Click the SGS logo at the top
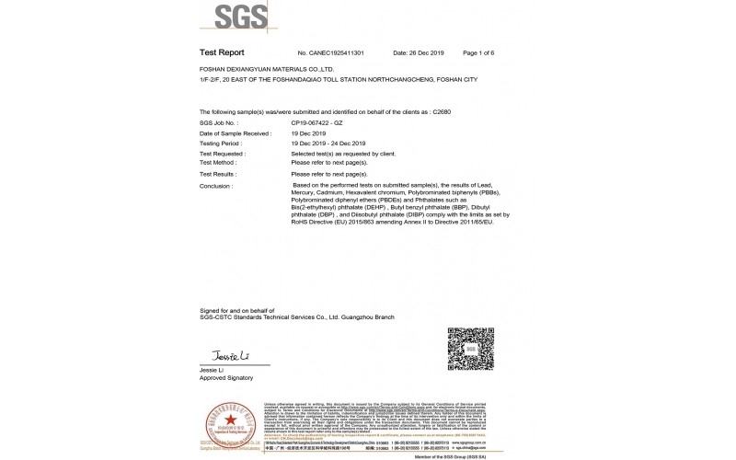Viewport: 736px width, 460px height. click(x=242, y=17)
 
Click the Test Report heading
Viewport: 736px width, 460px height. click(x=221, y=53)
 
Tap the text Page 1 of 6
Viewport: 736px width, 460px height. click(x=479, y=53)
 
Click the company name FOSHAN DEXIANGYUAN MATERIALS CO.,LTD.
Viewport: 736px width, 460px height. click(x=267, y=69)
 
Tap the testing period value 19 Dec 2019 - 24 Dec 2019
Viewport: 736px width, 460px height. click(x=328, y=144)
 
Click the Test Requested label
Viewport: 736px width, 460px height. click(x=223, y=154)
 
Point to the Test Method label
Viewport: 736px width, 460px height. click(x=218, y=162)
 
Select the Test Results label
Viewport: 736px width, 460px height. click(x=218, y=174)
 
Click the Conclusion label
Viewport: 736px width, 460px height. click(x=217, y=185)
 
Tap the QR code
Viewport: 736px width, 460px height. click(x=470, y=349)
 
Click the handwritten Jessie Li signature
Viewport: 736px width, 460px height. click(x=225, y=355)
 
